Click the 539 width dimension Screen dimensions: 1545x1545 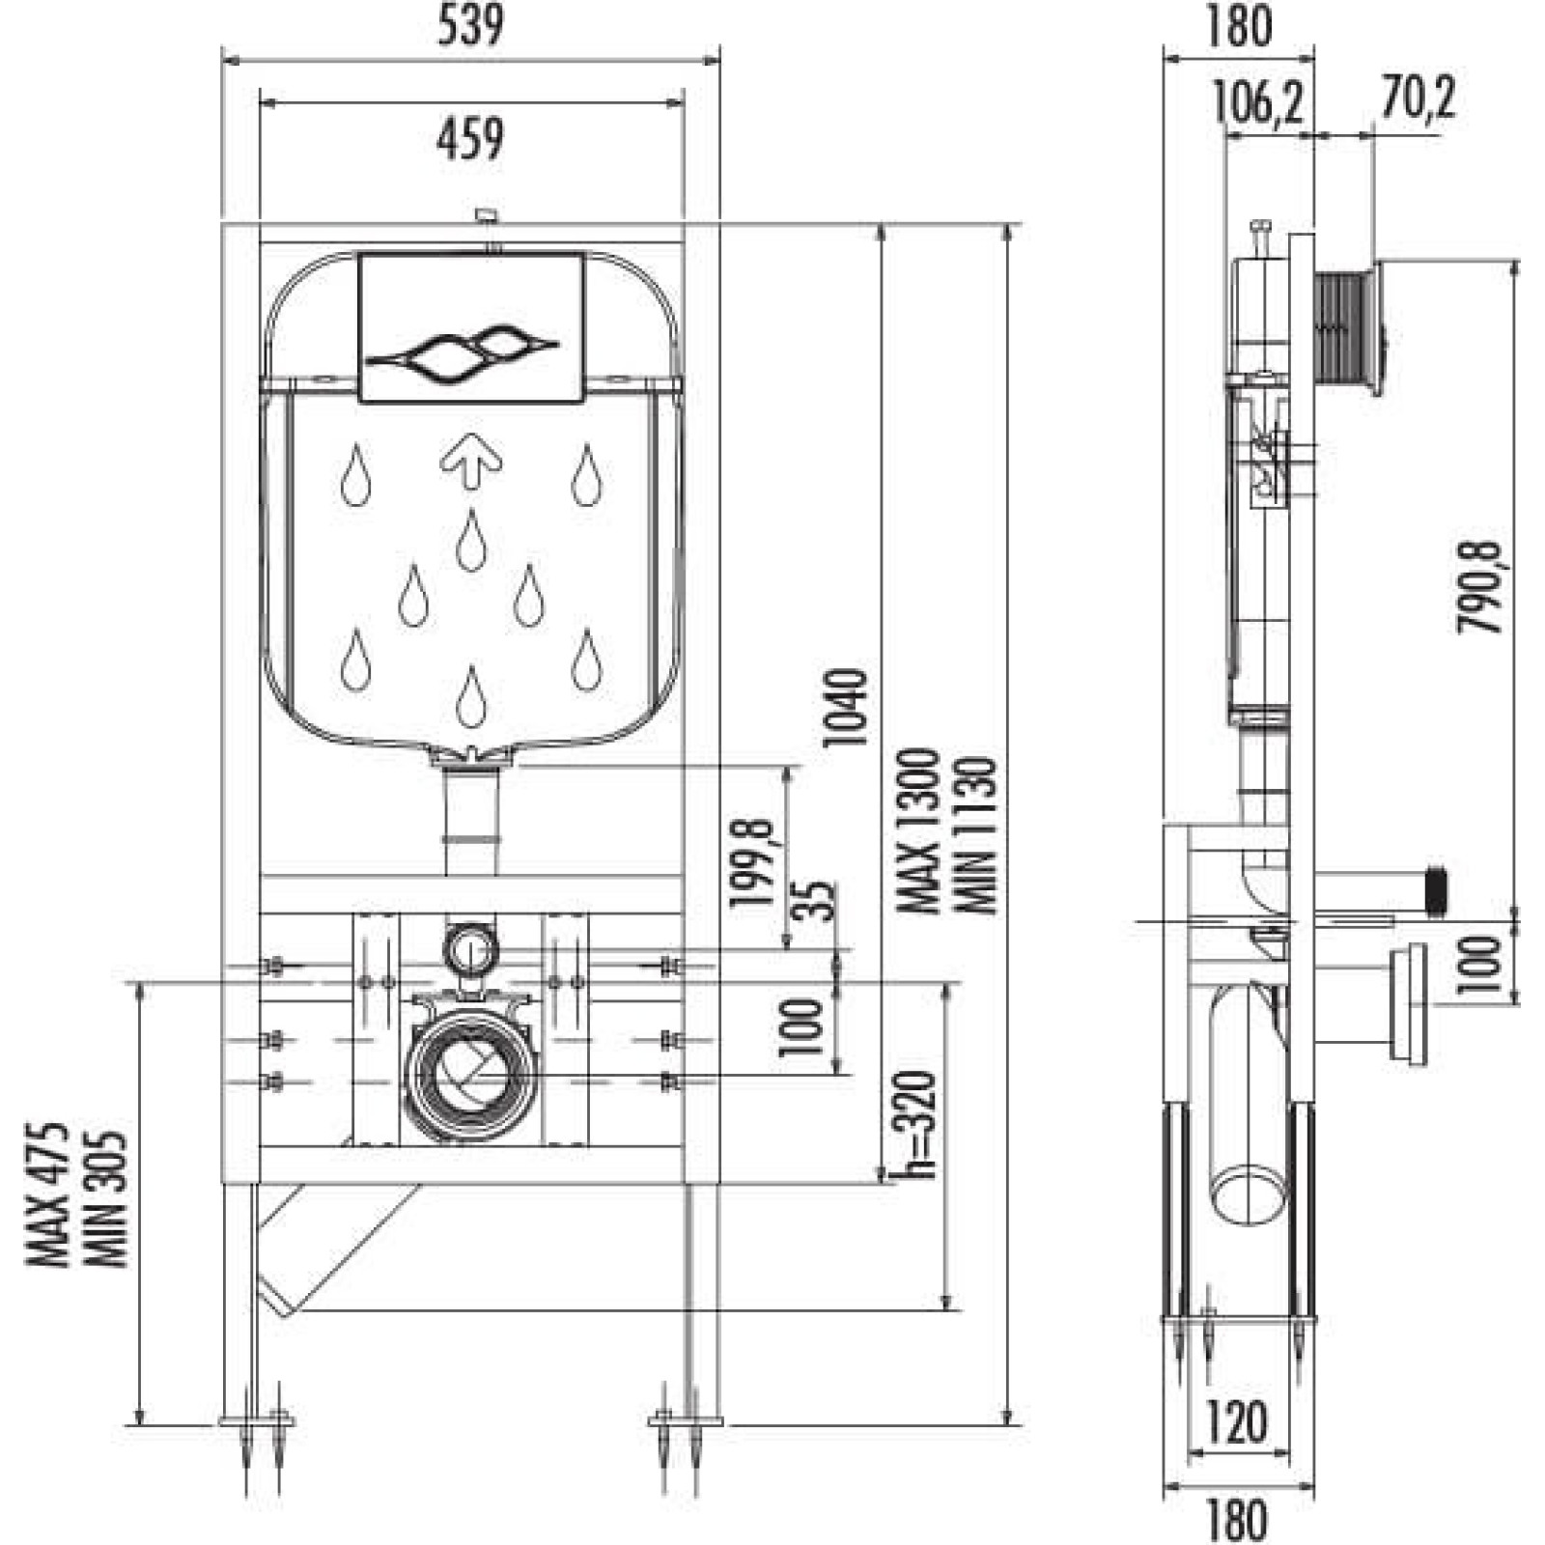coord(470,26)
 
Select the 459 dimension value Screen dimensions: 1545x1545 coord(470,139)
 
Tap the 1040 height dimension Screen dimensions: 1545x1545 coord(844,707)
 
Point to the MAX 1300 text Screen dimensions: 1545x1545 coord(916,831)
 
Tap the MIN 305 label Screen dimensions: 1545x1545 coord(105,1199)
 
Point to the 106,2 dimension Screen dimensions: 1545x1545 coord(1258,102)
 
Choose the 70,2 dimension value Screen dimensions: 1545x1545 coord(1417,98)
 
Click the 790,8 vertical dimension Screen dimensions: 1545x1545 coord(1480,587)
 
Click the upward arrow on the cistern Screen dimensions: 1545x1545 coord(471,460)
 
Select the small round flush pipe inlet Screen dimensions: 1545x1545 coord(470,950)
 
